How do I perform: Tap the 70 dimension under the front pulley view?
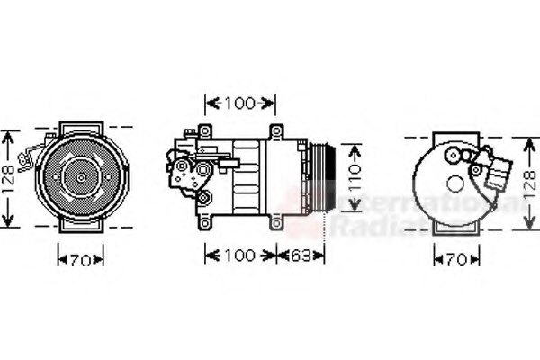click(81, 261)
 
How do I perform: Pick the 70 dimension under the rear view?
click(456, 261)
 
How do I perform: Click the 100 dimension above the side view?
click(240, 103)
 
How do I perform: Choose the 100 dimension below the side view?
click(240, 256)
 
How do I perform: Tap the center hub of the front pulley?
click(81, 177)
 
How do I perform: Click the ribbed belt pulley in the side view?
click(321, 177)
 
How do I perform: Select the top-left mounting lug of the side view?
click(205, 132)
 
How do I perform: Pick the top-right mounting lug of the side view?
click(276, 132)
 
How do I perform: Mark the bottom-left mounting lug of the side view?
click(205, 221)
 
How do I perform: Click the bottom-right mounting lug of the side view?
click(276, 220)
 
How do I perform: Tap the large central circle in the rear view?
click(455, 184)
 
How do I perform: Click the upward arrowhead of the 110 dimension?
click(356, 147)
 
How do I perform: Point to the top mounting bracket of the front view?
click(81, 127)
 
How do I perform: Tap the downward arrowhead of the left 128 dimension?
click(9, 222)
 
